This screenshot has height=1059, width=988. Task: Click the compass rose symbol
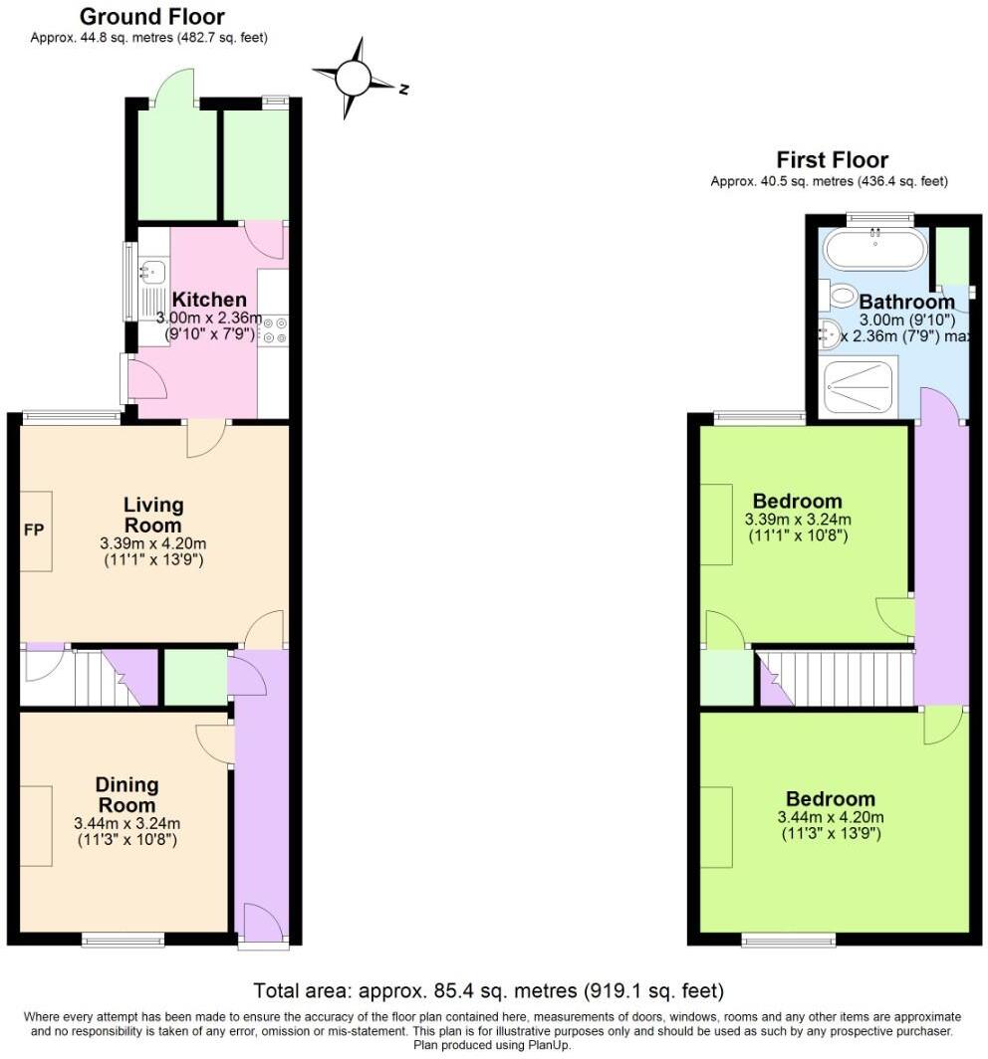pyautogui.click(x=354, y=77)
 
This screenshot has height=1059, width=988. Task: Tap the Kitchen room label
pyautogui.click(x=209, y=300)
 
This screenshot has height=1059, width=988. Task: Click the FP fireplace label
pyautogui.click(x=34, y=529)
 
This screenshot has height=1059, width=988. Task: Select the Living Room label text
pyautogui.click(x=153, y=515)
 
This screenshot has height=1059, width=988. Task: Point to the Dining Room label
pyautogui.click(x=126, y=795)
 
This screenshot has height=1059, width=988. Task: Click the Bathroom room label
pyautogui.click(x=906, y=302)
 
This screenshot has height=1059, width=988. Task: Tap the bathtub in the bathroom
pyautogui.click(x=873, y=250)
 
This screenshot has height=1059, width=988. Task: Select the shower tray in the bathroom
pyautogui.click(x=860, y=386)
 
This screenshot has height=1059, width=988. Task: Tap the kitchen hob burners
pyautogui.click(x=273, y=330)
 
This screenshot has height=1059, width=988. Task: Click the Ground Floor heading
pyautogui.click(x=151, y=17)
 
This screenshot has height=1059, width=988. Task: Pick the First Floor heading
pyautogui.click(x=832, y=160)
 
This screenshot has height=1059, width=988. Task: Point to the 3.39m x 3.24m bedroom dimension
pyautogui.click(x=798, y=520)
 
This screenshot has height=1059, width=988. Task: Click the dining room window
pyautogui.click(x=123, y=939)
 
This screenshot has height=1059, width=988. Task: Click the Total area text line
pyautogui.click(x=488, y=990)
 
